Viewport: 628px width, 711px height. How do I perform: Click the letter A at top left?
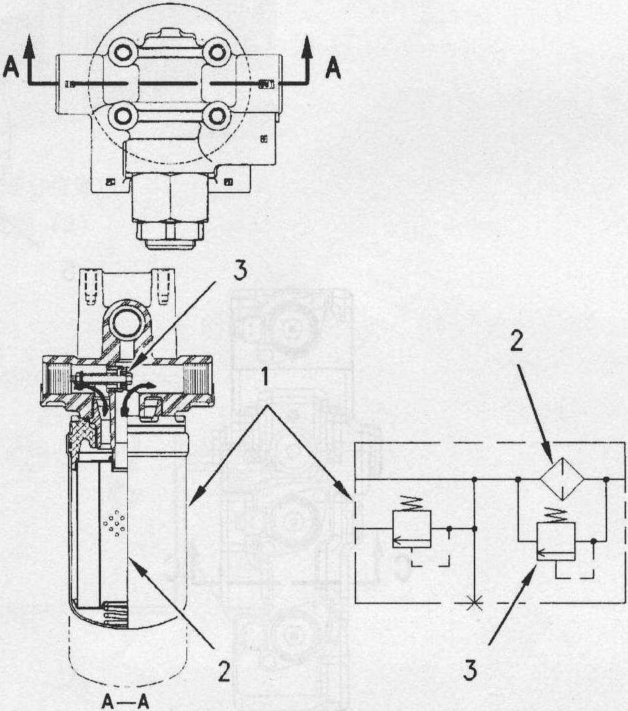11,69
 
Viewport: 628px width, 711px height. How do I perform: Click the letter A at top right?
333,69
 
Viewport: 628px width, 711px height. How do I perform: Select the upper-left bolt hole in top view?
123,53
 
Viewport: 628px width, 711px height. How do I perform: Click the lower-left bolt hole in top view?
123,116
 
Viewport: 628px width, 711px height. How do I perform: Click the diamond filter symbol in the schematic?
562,479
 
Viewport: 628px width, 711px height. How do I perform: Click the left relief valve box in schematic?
411,529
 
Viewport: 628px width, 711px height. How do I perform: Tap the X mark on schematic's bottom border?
475,603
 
